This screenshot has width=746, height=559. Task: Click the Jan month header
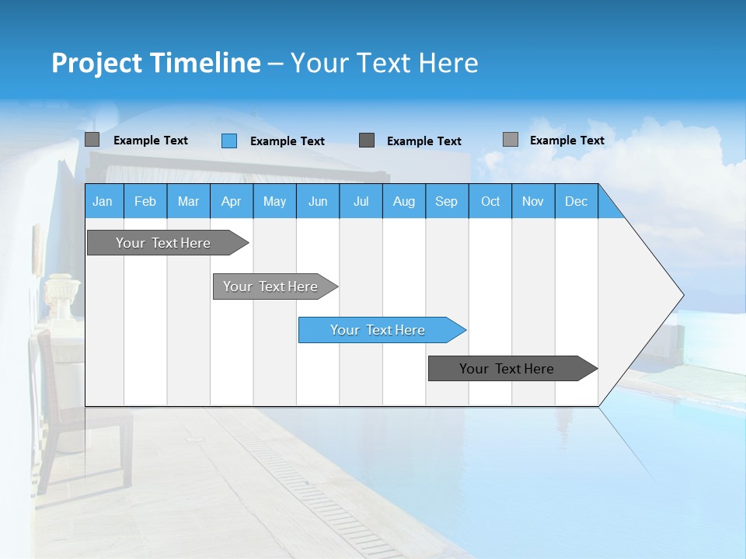[103, 202]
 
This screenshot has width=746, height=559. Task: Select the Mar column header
[188, 202]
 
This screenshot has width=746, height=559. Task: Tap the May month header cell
[274, 202]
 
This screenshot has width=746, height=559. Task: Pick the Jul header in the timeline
[361, 202]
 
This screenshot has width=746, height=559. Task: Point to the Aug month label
[403, 202]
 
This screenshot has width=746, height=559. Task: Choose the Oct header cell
[490, 202]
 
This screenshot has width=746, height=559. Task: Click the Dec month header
[576, 202]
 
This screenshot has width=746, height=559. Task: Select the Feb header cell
[145, 202]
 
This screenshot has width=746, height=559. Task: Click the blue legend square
[229, 141]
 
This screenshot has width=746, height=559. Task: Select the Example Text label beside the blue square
[288, 141]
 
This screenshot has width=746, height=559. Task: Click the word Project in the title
[96, 63]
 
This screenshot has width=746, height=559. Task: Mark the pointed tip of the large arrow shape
[682, 295]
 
